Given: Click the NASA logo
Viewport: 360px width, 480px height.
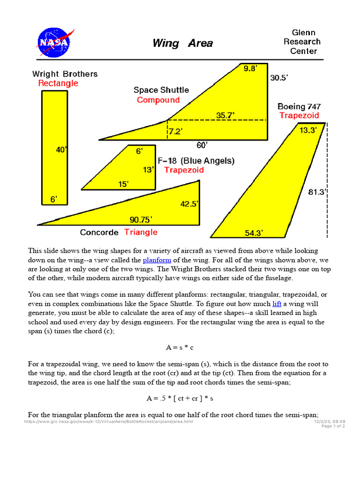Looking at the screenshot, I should tap(53, 42).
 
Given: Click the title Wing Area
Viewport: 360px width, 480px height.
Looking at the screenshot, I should tap(182, 44).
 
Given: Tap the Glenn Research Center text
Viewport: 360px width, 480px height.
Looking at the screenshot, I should tap(303, 42).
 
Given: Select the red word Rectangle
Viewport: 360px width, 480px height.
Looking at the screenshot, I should tap(58, 83).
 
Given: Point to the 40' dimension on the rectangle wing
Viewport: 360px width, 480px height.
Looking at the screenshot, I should tap(61, 150).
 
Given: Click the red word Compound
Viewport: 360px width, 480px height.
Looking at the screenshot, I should tap(158, 100).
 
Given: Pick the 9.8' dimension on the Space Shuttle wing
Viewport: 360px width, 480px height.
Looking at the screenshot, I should tap(250, 69).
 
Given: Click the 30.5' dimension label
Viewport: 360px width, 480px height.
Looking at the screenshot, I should tap(278, 78).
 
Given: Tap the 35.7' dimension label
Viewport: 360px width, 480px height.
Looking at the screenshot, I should tap(225, 115).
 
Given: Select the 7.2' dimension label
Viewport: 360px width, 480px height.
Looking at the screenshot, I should tap(175, 132).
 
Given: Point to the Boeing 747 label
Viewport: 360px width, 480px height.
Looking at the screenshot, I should tap(299, 106).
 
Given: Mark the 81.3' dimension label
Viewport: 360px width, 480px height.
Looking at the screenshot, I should tap(318, 192).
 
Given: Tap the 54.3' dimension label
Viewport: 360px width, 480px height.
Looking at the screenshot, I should tap(254, 233).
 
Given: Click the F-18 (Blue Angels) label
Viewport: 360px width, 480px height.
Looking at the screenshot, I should tap(196, 161).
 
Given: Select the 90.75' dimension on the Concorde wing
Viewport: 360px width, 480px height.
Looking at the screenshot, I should tap(141, 219).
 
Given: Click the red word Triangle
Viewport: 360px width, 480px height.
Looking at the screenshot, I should tap(141, 232).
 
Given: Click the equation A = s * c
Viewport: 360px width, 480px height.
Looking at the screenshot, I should tap(180, 348).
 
